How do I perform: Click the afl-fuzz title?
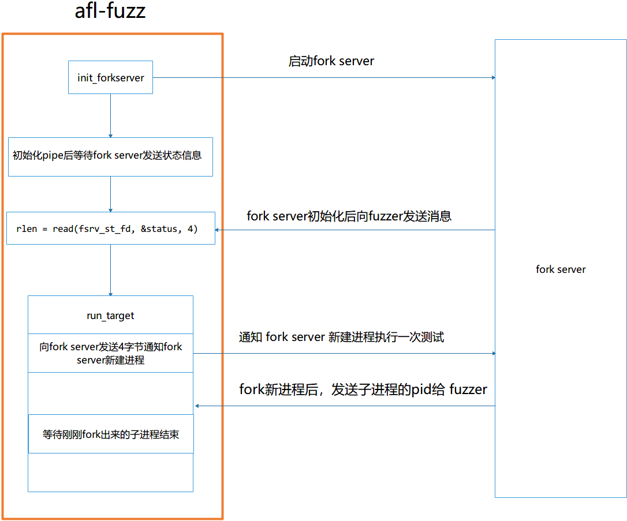[110, 11]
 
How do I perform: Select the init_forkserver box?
[110, 77]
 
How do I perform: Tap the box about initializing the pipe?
[110, 156]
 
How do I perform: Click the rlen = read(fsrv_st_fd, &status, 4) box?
[110, 228]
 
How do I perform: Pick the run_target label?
[110, 316]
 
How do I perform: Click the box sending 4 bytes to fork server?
[110, 353]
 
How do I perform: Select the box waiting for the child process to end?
[110, 434]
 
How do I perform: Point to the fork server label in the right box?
[561, 269]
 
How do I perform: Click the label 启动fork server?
[331, 61]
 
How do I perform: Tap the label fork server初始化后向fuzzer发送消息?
[349, 216]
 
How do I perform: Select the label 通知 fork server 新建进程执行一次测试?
[341, 337]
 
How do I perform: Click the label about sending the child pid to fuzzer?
[363, 389]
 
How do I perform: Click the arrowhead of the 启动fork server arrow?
[492, 77]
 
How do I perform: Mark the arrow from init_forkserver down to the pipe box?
[110, 115]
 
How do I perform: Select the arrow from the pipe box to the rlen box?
[110, 194]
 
